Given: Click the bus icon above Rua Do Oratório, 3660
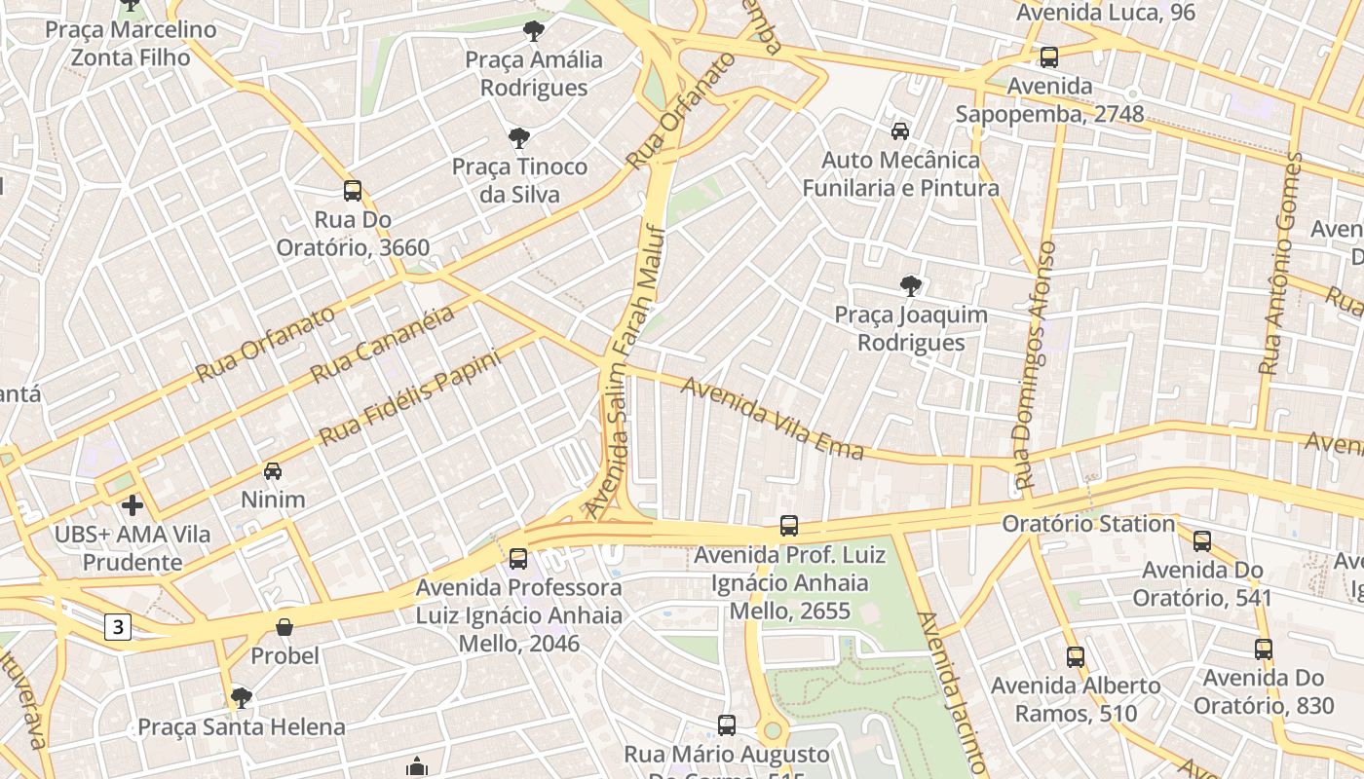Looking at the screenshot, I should coord(353,191).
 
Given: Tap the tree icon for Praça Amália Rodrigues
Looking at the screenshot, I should coord(533,31).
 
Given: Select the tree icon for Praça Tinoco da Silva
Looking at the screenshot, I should coord(519,138).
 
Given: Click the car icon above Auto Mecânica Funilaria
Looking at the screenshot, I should coord(900,130).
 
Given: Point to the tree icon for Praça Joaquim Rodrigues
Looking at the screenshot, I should coord(910,286).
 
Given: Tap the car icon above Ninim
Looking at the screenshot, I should coord(273,471).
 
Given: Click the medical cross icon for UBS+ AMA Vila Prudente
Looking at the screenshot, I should coord(132,505).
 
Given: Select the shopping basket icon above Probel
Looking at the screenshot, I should coord(284,627).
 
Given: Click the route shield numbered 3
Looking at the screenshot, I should coord(118,628).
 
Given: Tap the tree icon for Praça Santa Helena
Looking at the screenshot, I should coord(241,698).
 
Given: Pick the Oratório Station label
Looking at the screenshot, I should coord(1088,524).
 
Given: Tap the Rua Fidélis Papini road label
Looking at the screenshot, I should coord(409,397).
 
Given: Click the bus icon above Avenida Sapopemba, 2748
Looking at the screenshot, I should coord(1048,57).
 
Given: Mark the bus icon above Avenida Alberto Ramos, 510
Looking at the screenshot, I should coord(1075,657).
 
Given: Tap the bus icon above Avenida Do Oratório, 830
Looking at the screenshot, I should coord(1263,649).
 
